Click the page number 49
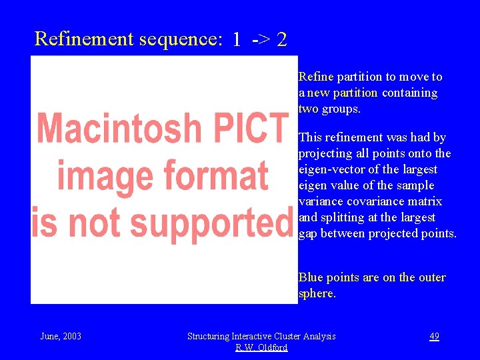click(x=434, y=337)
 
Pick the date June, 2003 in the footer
click(x=61, y=337)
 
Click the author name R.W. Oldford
click(x=261, y=348)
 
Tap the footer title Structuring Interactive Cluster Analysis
click(x=261, y=337)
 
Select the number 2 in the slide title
click(x=282, y=40)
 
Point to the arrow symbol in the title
click(x=261, y=40)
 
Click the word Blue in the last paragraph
click(x=311, y=277)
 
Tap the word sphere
click(x=317, y=293)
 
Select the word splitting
click(x=343, y=217)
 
